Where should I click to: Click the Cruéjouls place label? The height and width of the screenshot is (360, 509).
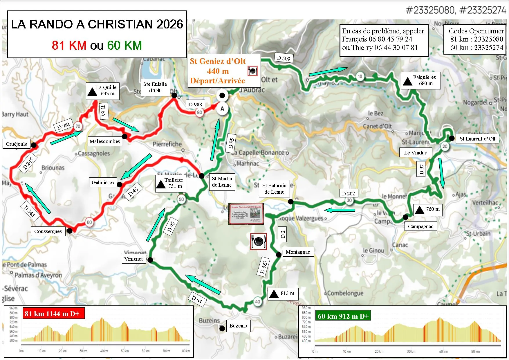point(17,144)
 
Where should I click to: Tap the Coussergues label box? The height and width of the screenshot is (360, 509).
point(48,231)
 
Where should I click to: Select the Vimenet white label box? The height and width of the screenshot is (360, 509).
point(133,259)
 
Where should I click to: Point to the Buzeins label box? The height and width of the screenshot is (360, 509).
point(238,326)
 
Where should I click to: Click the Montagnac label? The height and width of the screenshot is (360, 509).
point(298,252)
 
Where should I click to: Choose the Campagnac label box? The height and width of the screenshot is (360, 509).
point(420,226)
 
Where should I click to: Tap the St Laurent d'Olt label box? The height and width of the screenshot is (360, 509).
point(477,139)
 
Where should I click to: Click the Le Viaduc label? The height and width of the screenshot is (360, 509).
point(416,153)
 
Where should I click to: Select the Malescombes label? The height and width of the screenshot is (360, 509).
point(105,141)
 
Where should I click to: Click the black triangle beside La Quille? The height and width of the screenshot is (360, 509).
point(92,92)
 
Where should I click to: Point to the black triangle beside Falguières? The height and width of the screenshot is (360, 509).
point(407,82)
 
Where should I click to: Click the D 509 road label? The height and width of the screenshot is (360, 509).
point(284,58)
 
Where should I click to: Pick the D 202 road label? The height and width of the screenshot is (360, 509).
point(349,193)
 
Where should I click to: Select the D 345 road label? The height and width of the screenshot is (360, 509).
point(29,211)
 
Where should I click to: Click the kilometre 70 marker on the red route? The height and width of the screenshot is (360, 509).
point(78,127)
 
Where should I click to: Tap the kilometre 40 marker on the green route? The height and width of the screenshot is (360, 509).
point(258,302)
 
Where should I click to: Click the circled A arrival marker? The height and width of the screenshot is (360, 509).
point(223,109)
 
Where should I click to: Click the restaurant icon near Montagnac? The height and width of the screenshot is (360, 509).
point(259,241)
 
